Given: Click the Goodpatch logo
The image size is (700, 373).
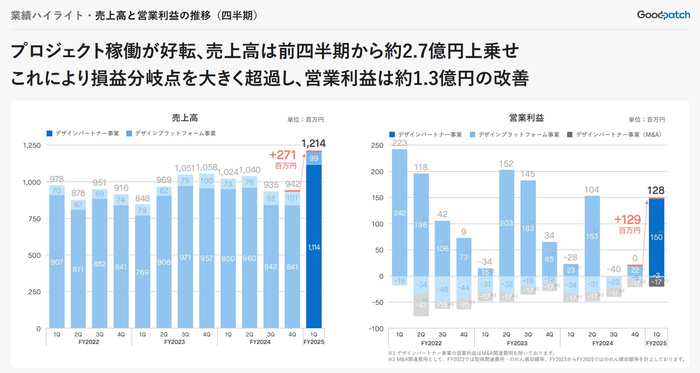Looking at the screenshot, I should tap(663, 15).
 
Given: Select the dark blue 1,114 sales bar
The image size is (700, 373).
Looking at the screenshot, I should tap(314, 246).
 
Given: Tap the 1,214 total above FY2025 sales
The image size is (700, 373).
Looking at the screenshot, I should tap(314, 143).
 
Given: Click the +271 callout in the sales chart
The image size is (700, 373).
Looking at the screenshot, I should tap(283, 155).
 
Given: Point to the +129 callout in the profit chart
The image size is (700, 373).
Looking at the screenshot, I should tap(627, 220).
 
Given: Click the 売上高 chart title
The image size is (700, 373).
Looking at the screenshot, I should tap(185, 118).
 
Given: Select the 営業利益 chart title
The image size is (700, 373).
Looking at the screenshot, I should tap(526, 118).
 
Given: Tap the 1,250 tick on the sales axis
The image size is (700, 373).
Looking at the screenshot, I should tap(32, 146).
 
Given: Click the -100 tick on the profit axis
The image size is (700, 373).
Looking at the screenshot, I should tap(376, 329).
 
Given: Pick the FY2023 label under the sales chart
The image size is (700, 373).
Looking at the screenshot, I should tap(174, 342).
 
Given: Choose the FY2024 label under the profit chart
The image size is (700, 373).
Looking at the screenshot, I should tap(602, 343).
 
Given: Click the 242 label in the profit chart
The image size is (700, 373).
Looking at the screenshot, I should tap(399, 213).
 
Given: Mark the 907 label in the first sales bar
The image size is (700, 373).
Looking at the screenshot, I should tap(57, 262).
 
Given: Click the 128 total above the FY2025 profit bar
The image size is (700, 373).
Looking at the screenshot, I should tap(656, 190).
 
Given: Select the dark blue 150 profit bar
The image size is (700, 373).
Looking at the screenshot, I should tap(656, 237).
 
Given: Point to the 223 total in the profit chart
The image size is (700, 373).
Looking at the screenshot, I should tap(399, 143).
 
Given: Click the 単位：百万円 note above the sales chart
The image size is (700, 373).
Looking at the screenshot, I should tap(305, 120).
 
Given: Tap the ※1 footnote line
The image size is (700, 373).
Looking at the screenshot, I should tap(471, 353).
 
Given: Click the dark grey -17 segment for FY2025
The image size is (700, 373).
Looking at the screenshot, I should tap(656, 282).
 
